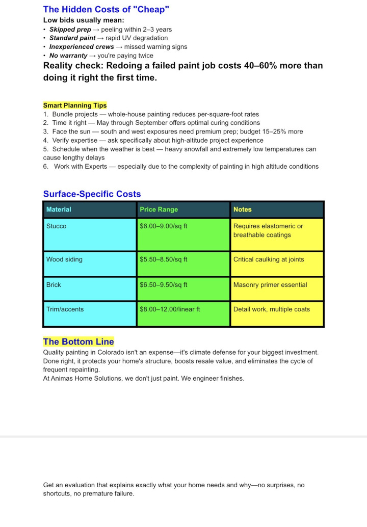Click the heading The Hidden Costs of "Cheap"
click(x=106, y=9)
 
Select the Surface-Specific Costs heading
click(x=92, y=194)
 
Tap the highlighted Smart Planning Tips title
click(x=75, y=106)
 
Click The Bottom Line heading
click(x=78, y=341)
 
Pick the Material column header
click(x=59, y=209)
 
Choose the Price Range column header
click(x=159, y=209)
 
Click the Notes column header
click(x=243, y=209)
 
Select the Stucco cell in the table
click(x=57, y=226)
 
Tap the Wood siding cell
click(x=64, y=259)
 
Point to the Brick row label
click(x=54, y=285)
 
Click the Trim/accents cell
click(x=65, y=309)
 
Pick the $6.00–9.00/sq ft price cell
click(x=164, y=226)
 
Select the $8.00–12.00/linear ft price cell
click(x=170, y=309)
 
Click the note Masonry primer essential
click(x=270, y=285)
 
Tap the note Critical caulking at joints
click(x=269, y=259)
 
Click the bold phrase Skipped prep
click(x=70, y=30)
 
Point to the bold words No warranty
click(x=68, y=56)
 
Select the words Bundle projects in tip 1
click(x=75, y=115)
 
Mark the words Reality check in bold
click(x=72, y=66)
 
